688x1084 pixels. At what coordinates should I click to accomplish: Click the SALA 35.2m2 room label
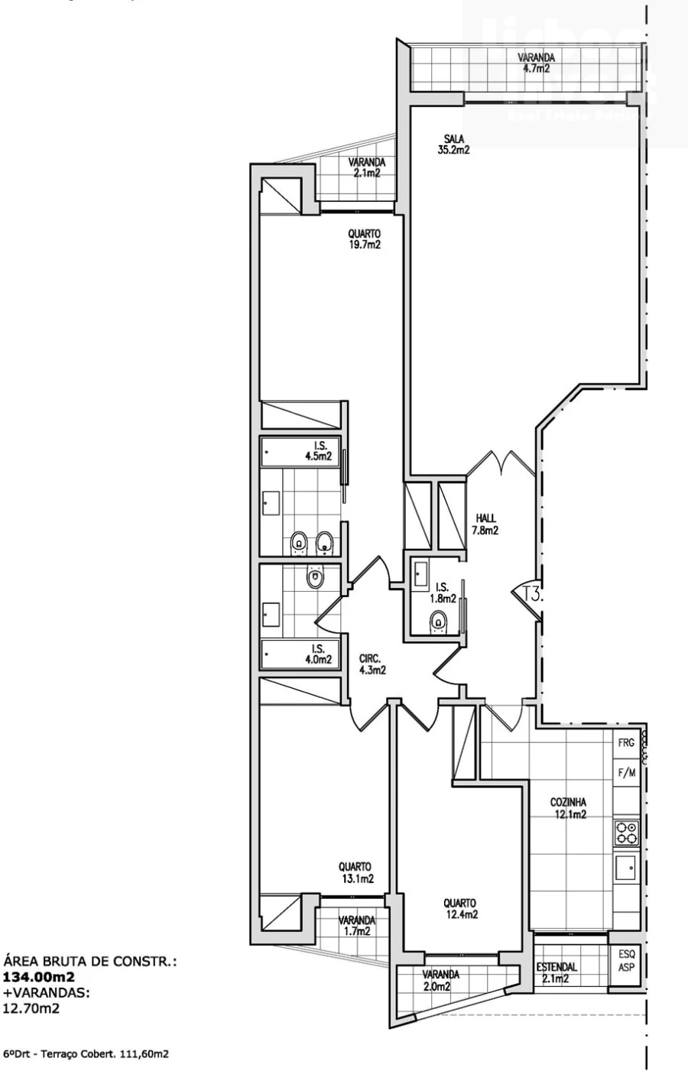pyautogui.click(x=453, y=144)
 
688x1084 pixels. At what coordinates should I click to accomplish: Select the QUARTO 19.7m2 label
pyautogui.click(x=364, y=239)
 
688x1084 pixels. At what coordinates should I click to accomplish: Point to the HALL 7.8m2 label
pyautogui.click(x=485, y=524)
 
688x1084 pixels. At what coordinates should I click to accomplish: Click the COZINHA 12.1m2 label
pyautogui.click(x=568, y=808)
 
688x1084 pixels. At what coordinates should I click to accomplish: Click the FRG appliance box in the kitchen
pyautogui.click(x=626, y=743)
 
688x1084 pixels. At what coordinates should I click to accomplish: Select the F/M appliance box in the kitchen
pyautogui.click(x=626, y=773)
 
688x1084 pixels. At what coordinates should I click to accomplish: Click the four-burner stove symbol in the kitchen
pyautogui.click(x=627, y=832)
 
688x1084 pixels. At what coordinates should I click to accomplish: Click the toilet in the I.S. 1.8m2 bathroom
pyautogui.click(x=438, y=621)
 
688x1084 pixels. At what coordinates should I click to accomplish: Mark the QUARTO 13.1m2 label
pyautogui.click(x=356, y=872)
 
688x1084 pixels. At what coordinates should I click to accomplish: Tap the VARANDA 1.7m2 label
pyautogui.click(x=357, y=925)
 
